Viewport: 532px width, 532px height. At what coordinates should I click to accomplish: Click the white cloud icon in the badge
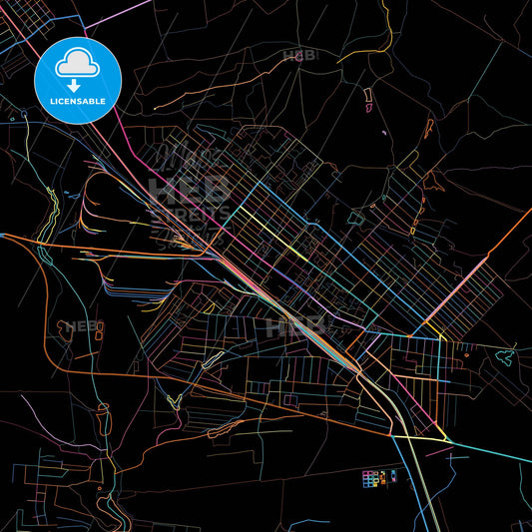77,64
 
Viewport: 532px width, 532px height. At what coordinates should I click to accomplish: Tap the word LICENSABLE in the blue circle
77,100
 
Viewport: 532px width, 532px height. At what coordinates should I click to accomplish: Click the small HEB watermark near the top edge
299,56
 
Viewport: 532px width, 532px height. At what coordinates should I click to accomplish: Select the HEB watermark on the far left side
72,327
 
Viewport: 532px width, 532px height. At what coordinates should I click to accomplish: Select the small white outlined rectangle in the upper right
366,97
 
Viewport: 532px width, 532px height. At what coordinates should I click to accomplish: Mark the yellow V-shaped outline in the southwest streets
172,401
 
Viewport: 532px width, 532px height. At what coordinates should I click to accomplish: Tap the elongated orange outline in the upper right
429,128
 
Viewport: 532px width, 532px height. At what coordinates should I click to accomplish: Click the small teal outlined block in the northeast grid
356,217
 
